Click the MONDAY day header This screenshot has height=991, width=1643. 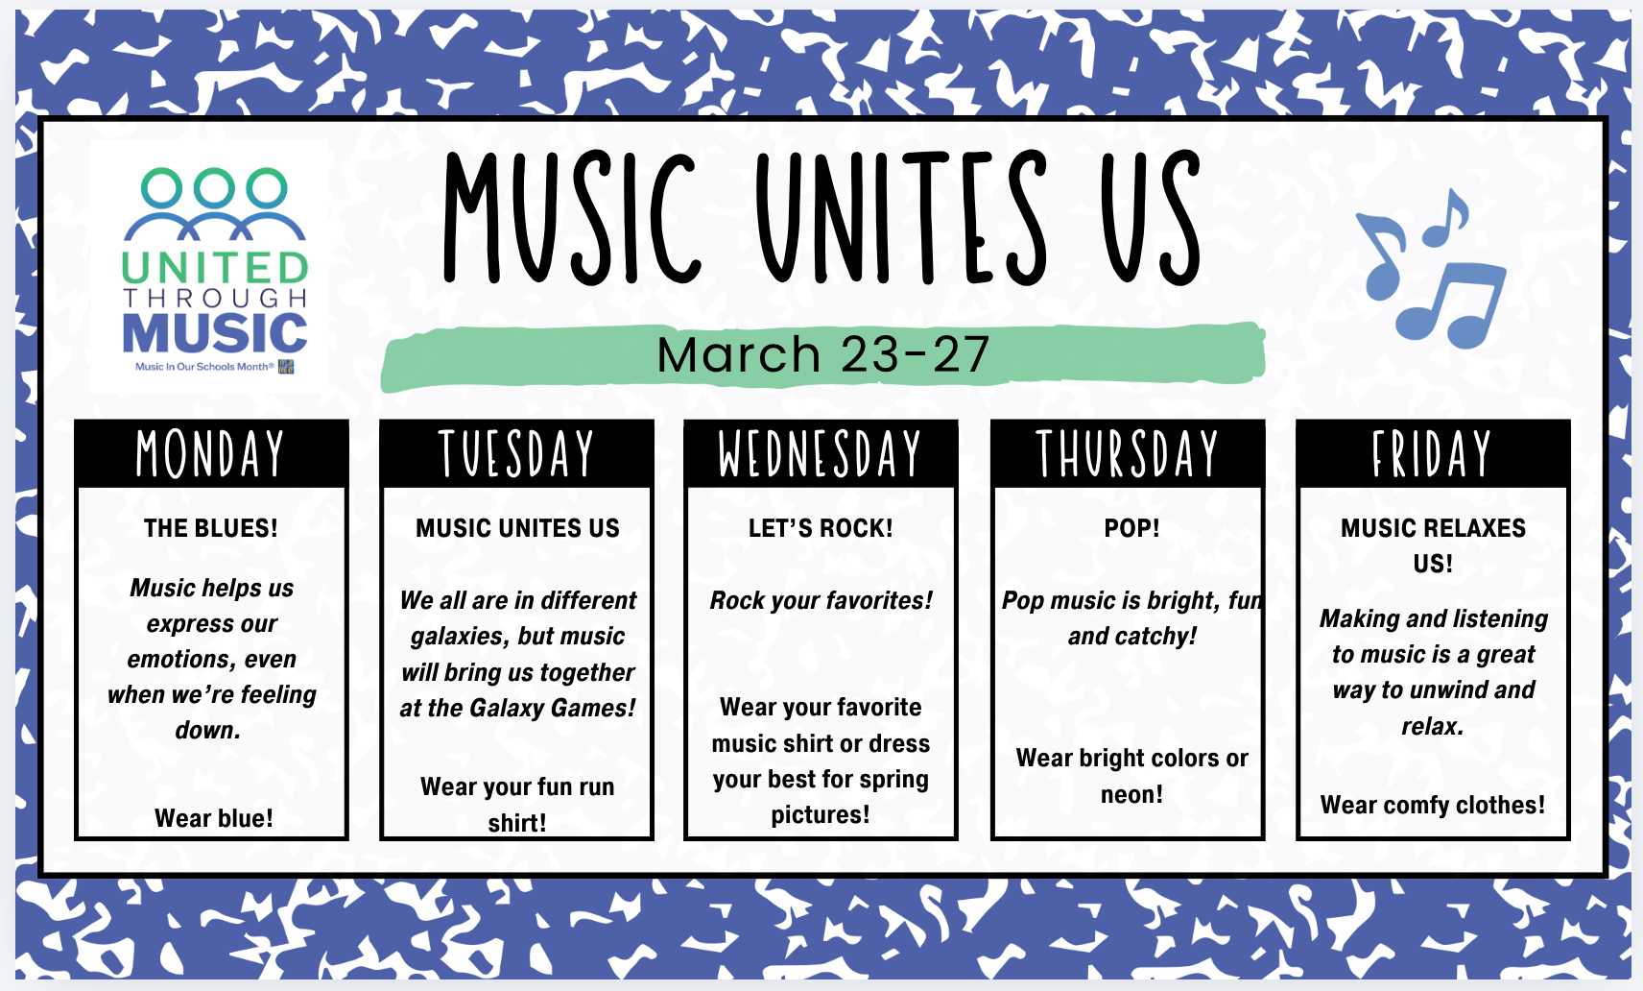210,453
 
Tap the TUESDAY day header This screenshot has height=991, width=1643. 516,453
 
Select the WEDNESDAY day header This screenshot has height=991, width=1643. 820,453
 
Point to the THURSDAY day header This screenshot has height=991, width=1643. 1128,453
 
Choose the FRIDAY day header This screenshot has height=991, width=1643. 1432,453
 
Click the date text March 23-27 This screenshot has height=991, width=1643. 823,354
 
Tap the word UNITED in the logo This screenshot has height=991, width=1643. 214,268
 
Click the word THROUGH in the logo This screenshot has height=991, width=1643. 214,298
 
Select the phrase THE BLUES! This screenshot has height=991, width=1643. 210,528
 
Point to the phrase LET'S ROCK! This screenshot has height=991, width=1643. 821,528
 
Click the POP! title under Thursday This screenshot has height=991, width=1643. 1131,528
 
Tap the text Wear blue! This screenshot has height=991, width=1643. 213,818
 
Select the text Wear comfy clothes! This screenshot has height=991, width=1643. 1433,805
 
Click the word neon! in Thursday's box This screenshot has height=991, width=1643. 1131,794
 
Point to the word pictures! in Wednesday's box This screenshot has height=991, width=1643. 820,814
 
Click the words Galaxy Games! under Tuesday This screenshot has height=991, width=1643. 553,709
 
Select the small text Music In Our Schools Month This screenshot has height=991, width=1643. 204,366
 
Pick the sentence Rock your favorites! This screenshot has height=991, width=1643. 821,601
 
